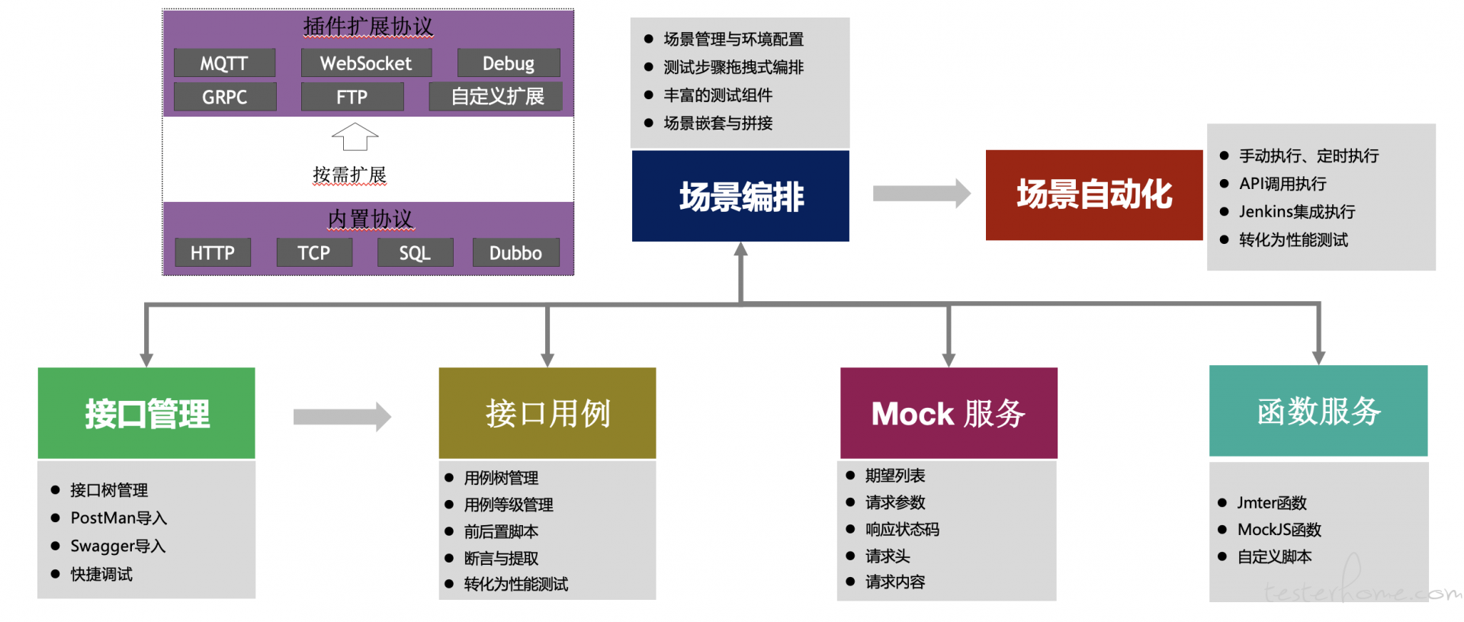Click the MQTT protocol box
tap(224, 63)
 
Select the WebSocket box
tap(366, 63)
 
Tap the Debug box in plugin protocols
tap(509, 63)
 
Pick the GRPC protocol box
tap(225, 97)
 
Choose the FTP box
tap(352, 97)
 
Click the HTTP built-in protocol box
tap(213, 252)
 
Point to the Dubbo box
tap(515, 252)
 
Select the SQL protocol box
tap(415, 252)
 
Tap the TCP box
tap(314, 252)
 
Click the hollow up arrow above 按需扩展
tap(355, 137)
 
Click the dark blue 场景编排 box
tap(740, 196)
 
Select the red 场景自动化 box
tap(1094, 195)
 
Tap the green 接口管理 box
tap(146, 413)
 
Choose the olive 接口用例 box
tap(547, 413)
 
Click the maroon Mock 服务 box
tap(949, 413)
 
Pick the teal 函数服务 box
tap(1318, 411)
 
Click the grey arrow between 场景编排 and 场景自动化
tap(922, 194)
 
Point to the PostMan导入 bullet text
tap(118, 518)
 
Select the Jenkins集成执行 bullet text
tap(1297, 212)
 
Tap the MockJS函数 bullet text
tap(1279, 530)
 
